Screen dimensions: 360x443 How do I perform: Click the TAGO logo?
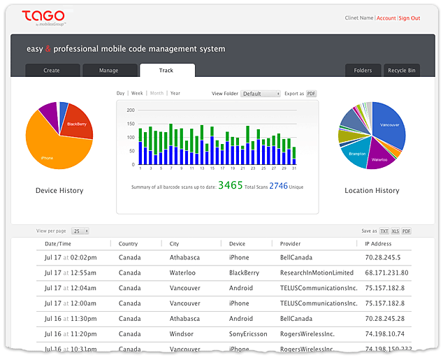point(43,16)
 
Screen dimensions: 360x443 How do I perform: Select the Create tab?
point(52,71)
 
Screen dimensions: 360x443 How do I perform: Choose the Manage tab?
point(108,71)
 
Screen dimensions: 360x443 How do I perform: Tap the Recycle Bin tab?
point(402,71)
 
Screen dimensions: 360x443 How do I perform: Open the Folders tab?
point(363,71)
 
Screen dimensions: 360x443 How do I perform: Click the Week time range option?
point(137,93)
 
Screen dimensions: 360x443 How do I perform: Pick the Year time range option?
point(175,93)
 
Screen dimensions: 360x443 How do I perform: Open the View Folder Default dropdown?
point(261,94)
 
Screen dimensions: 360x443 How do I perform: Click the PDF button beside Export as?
point(311,94)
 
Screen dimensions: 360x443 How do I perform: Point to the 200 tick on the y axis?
point(130,110)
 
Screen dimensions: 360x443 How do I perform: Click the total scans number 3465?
point(230,185)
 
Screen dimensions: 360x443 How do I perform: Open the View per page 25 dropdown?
point(81,231)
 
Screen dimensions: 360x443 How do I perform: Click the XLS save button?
point(395,231)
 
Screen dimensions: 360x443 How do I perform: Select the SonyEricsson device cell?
point(248,334)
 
